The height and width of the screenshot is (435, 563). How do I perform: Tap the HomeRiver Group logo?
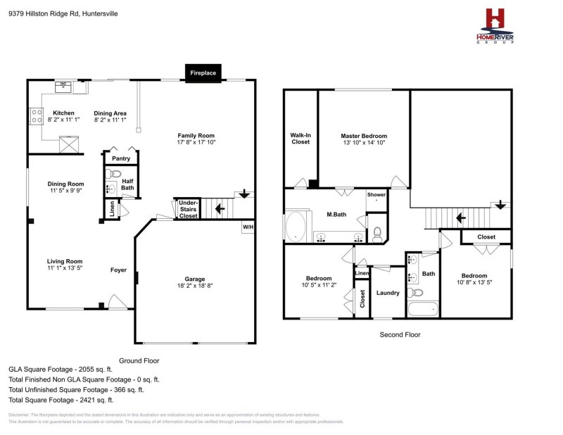click(495, 27)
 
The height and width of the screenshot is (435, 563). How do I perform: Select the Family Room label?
click(196, 136)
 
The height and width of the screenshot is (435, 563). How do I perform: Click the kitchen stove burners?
click(34, 115)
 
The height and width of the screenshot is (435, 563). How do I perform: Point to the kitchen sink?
click(64, 86)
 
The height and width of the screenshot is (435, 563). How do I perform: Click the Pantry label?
click(120, 159)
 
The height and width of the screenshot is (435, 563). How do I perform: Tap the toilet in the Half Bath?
click(115, 173)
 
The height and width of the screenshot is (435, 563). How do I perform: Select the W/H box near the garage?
click(248, 227)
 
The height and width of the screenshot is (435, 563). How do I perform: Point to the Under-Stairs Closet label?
click(188, 208)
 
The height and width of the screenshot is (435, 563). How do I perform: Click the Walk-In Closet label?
click(301, 138)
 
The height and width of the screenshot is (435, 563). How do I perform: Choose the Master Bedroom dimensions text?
click(364, 142)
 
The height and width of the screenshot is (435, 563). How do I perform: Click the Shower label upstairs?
click(377, 195)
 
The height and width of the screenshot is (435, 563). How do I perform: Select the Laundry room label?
click(387, 293)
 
